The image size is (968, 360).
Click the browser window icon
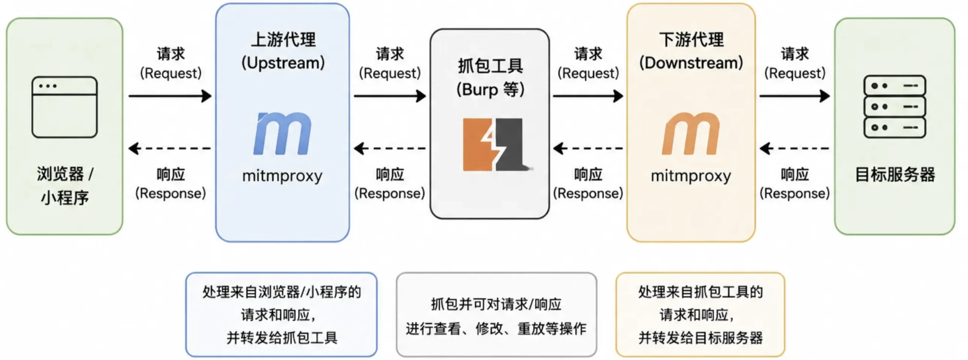coord(65,107)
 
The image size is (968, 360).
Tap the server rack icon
coord(895,107)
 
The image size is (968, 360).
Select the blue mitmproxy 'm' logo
coord(283,133)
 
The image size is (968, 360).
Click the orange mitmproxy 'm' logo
coord(691,133)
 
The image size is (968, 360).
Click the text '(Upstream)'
coord(283,63)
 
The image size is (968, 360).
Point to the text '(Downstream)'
coord(691,63)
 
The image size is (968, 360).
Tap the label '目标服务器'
coord(895,175)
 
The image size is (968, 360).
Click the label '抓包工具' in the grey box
coord(490,66)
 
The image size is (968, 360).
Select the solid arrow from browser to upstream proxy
coord(170,96)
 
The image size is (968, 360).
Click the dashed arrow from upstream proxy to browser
coord(169,148)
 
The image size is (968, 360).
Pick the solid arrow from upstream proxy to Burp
coord(390,96)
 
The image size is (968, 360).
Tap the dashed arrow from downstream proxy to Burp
coord(588,148)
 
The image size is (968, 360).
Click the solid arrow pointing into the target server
coord(795,96)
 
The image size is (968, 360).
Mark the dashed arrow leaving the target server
coord(795,148)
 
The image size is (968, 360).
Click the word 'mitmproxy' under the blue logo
coord(283,176)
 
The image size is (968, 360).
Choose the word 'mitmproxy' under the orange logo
coord(691,176)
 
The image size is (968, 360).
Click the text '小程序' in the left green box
coord(65,198)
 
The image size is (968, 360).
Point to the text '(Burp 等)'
coord(490,89)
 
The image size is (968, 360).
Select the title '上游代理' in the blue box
coord(283,39)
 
